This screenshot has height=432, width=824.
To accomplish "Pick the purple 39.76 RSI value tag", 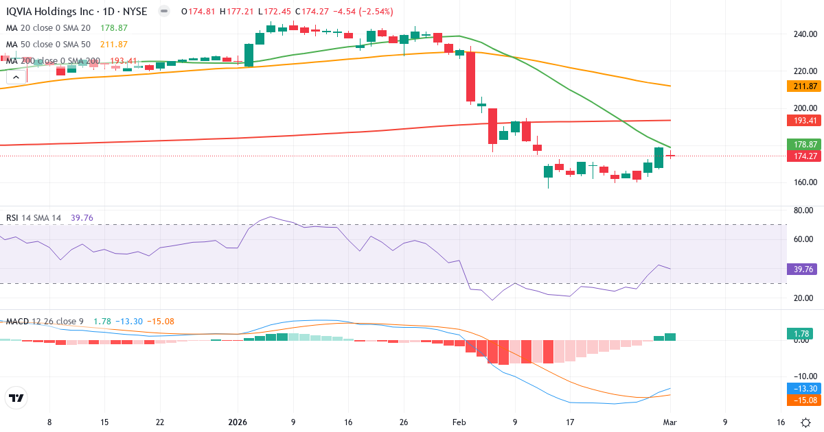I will click(801, 269).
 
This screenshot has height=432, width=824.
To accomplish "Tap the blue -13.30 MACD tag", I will click(801, 389).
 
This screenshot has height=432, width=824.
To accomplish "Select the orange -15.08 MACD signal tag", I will click(801, 400).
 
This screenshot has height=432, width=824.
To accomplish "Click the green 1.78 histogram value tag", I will click(801, 334).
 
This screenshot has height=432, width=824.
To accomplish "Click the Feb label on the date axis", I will click(459, 422).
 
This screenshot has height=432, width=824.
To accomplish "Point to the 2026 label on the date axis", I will click(238, 422).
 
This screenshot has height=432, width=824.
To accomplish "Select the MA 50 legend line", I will click(48, 45).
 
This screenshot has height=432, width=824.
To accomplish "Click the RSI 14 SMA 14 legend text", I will click(34, 218).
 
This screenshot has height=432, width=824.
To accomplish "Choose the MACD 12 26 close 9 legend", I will click(45, 322).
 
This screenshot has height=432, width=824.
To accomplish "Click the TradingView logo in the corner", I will click(16, 398).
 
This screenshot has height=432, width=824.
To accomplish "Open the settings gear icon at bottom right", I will click(805, 422).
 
